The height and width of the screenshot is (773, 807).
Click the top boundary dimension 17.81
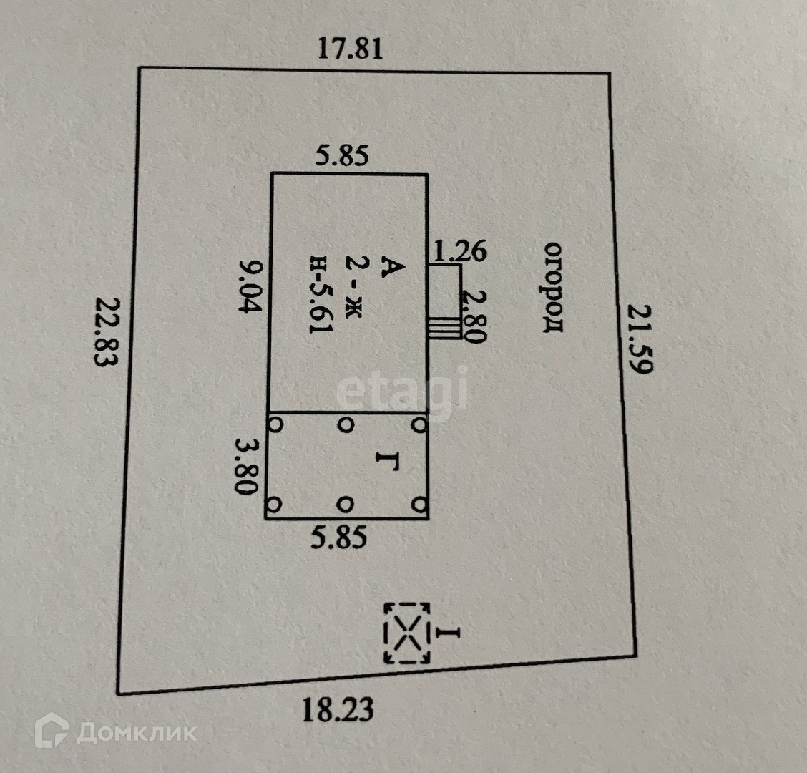tap(351, 49)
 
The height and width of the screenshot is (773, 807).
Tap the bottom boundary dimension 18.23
tap(338, 711)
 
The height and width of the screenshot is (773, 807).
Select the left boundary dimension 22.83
tap(104, 331)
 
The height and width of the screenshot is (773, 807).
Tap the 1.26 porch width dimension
tap(460, 251)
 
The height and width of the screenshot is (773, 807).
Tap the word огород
tap(554, 287)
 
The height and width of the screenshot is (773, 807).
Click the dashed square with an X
tap(408, 633)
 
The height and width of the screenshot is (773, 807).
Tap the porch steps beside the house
tap(444, 326)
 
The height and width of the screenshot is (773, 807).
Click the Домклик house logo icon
tap(52, 731)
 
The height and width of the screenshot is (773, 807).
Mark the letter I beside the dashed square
tap(449, 633)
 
